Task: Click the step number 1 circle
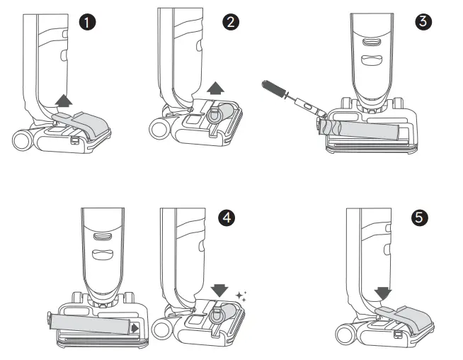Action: (88, 22)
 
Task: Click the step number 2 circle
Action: (230, 22)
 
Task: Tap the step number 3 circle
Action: (424, 22)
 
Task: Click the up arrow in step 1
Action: (64, 101)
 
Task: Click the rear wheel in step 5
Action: (347, 335)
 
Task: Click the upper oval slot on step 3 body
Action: (370, 42)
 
